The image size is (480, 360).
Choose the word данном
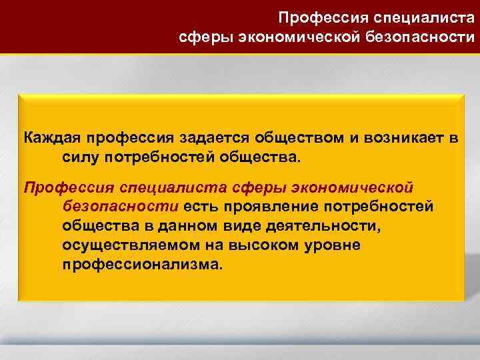point(197,225)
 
